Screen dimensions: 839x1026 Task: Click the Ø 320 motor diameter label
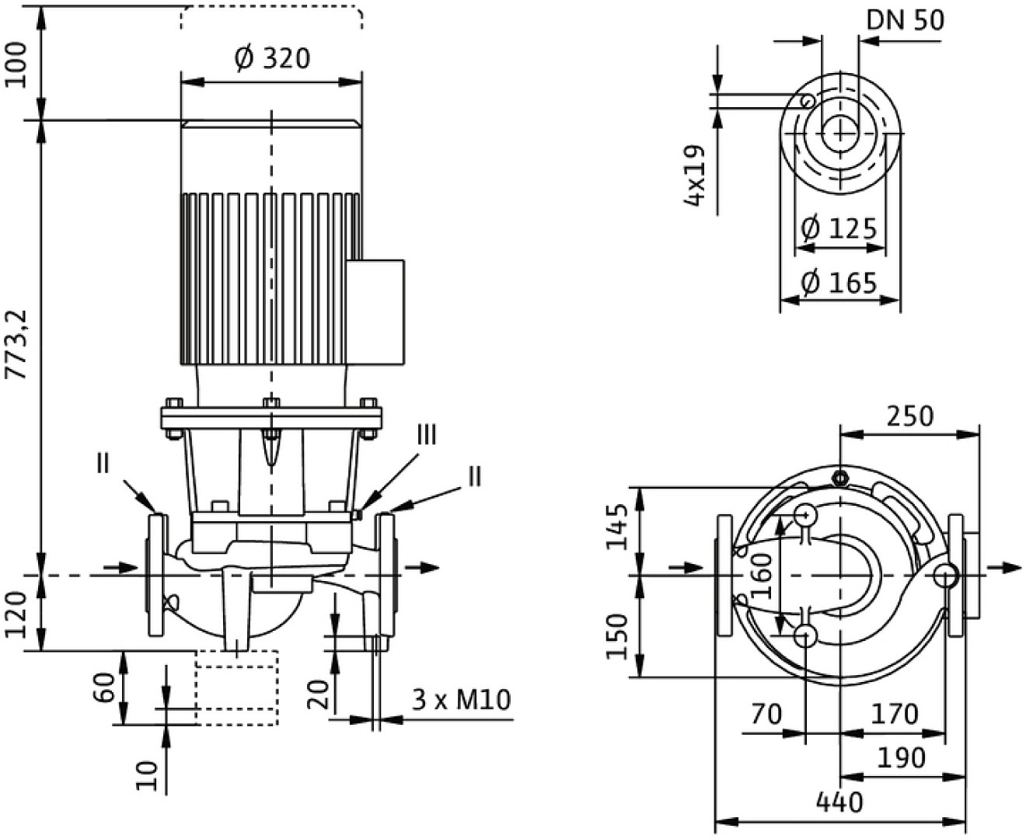(271, 58)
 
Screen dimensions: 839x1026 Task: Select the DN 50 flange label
(906, 20)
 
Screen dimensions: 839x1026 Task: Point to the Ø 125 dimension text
(839, 228)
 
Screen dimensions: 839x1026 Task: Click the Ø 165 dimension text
(839, 283)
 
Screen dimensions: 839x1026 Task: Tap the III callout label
(427, 435)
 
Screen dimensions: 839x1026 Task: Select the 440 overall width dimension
(839, 801)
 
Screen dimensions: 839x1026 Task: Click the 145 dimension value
(618, 527)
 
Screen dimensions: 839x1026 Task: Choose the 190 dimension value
(901, 757)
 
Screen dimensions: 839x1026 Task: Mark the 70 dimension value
(766, 714)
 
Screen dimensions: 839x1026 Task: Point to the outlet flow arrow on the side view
(423, 567)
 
